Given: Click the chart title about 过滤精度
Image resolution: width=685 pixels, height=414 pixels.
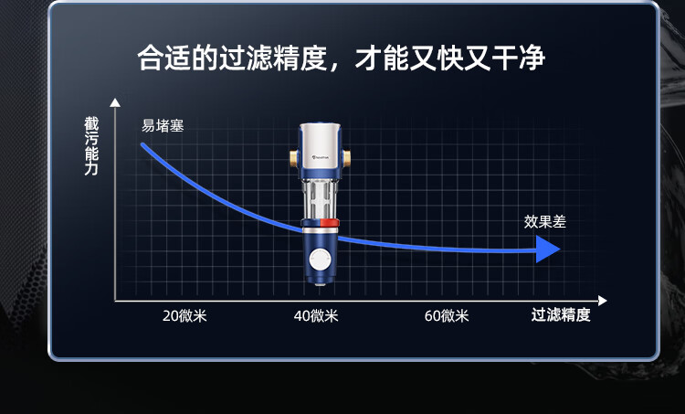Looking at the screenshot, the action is click(x=342, y=58).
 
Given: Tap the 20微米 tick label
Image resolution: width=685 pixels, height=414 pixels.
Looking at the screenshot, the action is click(x=184, y=315).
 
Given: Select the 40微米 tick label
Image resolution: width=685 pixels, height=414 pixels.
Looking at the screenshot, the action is click(x=316, y=315).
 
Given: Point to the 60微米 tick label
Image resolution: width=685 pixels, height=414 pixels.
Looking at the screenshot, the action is click(x=447, y=315).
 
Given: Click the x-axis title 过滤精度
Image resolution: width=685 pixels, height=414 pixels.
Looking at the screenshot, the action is click(x=561, y=314).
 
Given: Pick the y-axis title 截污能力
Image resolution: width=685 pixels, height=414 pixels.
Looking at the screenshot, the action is click(x=91, y=146).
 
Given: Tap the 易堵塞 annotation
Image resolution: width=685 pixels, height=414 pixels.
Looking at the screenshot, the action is click(x=163, y=126).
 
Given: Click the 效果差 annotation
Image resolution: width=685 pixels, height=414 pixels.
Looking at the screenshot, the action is click(x=544, y=222).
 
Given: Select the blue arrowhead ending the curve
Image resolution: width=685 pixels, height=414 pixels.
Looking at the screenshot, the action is click(x=548, y=249).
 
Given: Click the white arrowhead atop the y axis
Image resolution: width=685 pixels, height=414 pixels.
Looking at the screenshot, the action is click(x=115, y=102).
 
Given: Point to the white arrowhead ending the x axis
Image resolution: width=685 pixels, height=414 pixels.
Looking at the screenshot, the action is click(x=603, y=301).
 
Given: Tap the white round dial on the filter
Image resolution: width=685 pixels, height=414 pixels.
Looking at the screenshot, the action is click(x=321, y=260).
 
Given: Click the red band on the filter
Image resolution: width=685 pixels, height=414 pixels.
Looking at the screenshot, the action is click(x=330, y=222).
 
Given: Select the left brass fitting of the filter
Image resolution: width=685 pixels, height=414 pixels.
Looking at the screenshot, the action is click(x=294, y=158).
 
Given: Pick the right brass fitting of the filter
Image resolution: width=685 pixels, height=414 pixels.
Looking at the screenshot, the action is click(x=346, y=158).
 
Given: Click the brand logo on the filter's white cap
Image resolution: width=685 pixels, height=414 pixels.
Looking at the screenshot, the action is click(x=321, y=157).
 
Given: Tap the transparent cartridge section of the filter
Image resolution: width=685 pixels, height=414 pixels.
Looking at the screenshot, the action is click(x=321, y=199).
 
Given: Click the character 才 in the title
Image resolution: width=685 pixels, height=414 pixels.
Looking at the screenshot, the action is click(x=368, y=58).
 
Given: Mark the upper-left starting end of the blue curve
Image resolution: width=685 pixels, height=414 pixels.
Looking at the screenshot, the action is click(x=142, y=144).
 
